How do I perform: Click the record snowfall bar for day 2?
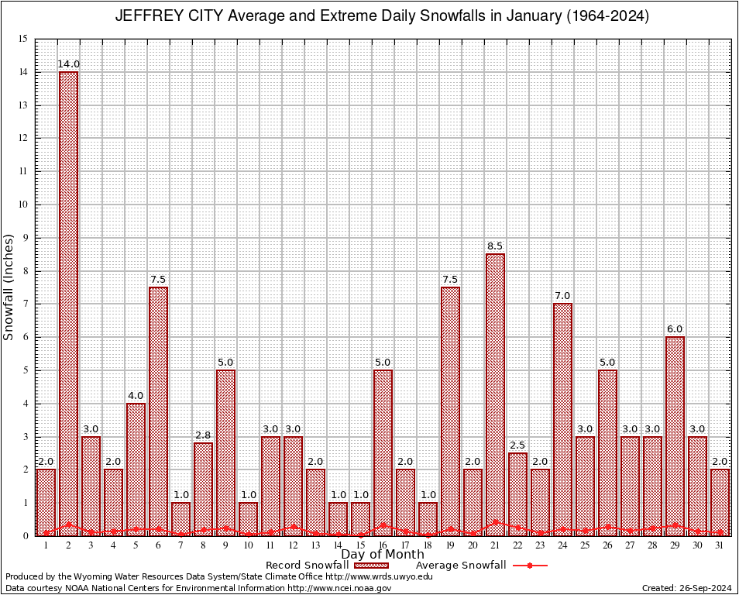(x=68, y=302)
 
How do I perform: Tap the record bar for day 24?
(x=563, y=418)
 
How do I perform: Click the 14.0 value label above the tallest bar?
(x=68, y=64)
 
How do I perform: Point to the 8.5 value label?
(x=496, y=246)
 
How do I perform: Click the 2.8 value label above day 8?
(x=203, y=435)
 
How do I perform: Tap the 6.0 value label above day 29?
(x=675, y=329)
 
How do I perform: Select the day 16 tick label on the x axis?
(x=383, y=545)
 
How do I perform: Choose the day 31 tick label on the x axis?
(x=720, y=545)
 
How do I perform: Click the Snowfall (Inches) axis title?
(x=9, y=287)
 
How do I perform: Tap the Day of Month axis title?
(x=383, y=555)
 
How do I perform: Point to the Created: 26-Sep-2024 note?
(x=686, y=588)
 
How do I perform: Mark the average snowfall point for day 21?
(x=496, y=522)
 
